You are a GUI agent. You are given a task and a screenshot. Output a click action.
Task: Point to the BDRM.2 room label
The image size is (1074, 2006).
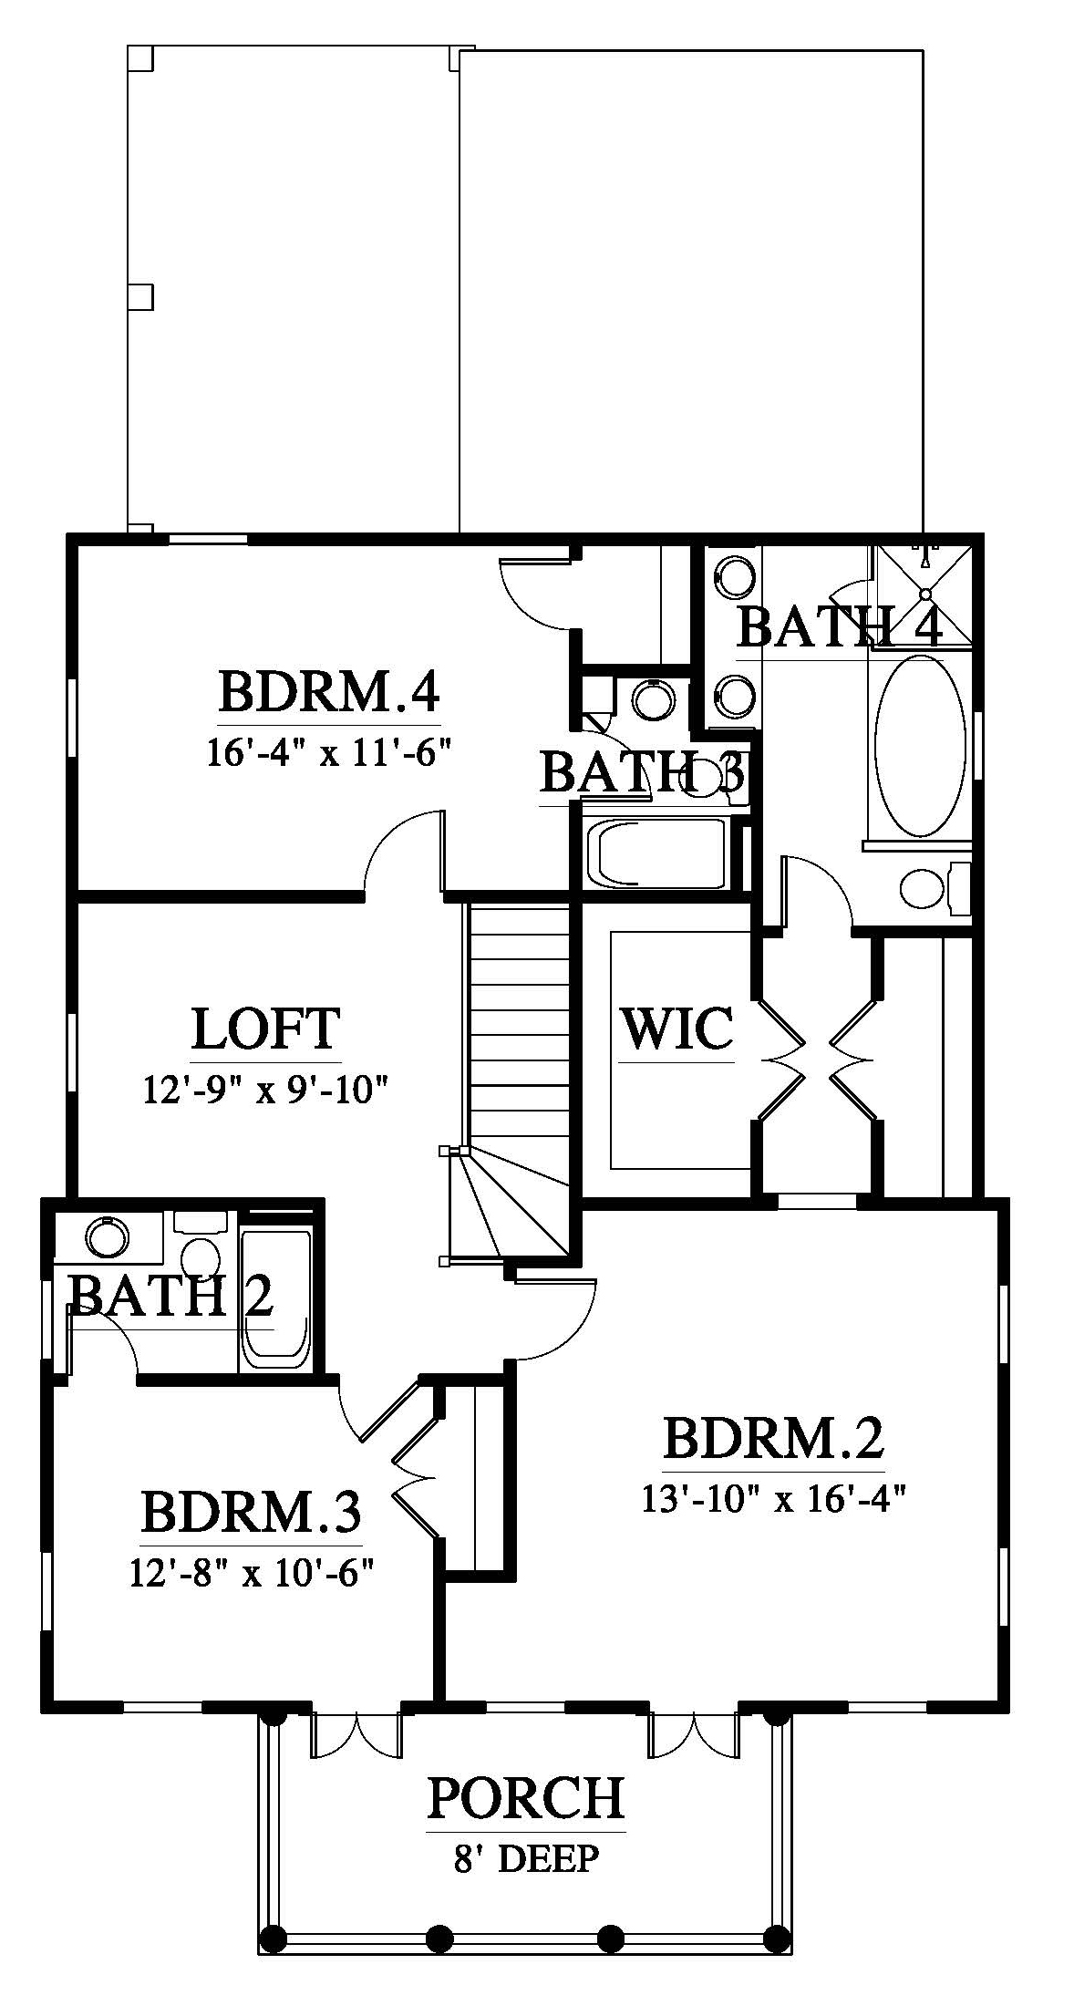(x=773, y=1438)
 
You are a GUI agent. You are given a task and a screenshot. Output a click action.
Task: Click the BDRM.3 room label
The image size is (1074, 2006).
(x=251, y=1511)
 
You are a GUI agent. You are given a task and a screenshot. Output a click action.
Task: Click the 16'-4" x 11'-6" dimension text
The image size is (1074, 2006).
(x=329, y=755)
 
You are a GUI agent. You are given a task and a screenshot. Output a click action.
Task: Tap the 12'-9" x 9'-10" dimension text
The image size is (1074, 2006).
(x=266, y=1090)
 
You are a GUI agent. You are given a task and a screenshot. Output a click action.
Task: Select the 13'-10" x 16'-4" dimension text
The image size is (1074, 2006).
(x=773, y=1500)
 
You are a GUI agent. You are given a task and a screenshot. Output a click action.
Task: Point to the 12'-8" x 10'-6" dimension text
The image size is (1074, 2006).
(x=251, y=1573)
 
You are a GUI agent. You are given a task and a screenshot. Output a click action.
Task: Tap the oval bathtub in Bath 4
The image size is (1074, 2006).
(x=917, y=745)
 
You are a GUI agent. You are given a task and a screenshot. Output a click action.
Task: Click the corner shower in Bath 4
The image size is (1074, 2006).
(x=923, y=596)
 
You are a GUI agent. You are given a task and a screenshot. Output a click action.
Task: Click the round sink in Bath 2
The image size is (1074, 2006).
(x=108, y=1237)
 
